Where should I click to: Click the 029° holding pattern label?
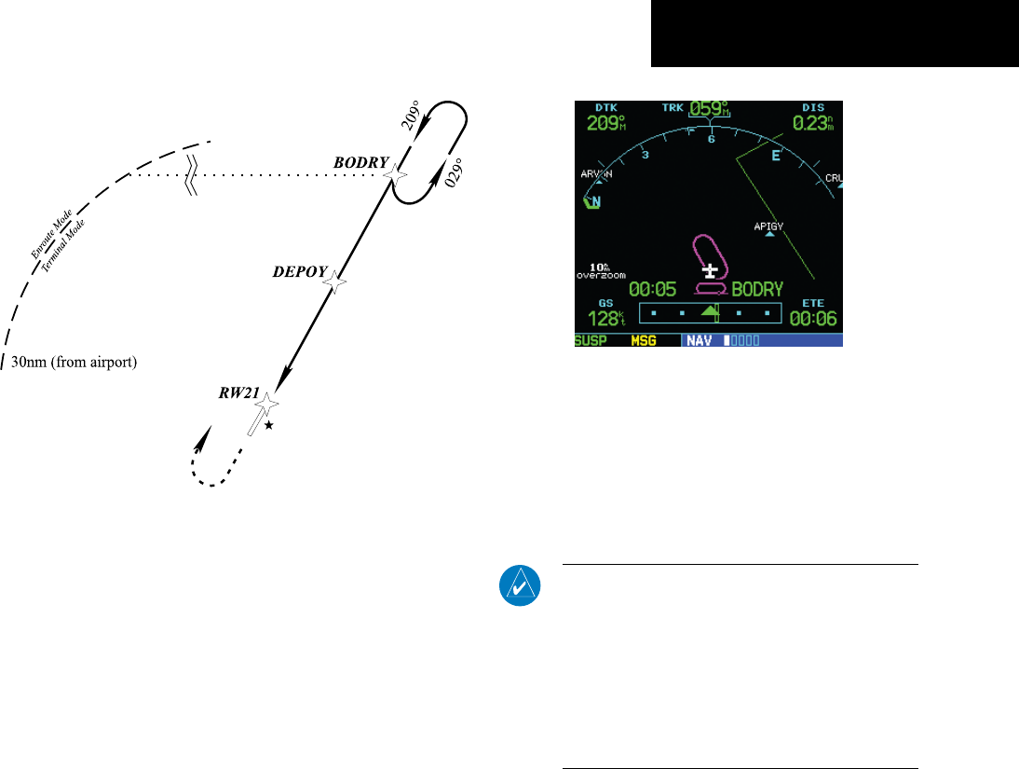456,172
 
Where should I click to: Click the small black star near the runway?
269,425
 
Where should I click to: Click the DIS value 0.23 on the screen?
812,121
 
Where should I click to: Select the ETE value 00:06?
813,319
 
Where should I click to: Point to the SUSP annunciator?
591,340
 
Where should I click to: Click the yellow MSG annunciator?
643,340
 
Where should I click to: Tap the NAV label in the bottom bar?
700,340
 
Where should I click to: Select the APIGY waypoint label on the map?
769,226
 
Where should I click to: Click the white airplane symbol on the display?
713,270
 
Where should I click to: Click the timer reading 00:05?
654,290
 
